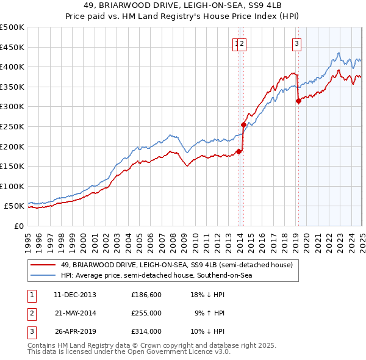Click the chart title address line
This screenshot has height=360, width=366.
[183, 7]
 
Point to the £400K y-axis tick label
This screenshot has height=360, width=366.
[12, 67]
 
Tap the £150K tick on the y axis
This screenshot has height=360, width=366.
[12, 166]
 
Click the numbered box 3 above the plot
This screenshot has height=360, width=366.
[296, 43]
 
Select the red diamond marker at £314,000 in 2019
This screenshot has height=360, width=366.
[298, 101]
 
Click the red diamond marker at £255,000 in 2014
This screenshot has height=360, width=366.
[243, 124]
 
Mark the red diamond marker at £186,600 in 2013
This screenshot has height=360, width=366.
[239, 152]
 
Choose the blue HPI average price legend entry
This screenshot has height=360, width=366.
[156, 276]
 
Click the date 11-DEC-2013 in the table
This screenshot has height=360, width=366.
[75, 295]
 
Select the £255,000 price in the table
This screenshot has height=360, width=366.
[146, 313]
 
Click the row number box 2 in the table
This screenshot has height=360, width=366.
[30, 313]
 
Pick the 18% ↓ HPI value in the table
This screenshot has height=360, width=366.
[208, 295]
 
